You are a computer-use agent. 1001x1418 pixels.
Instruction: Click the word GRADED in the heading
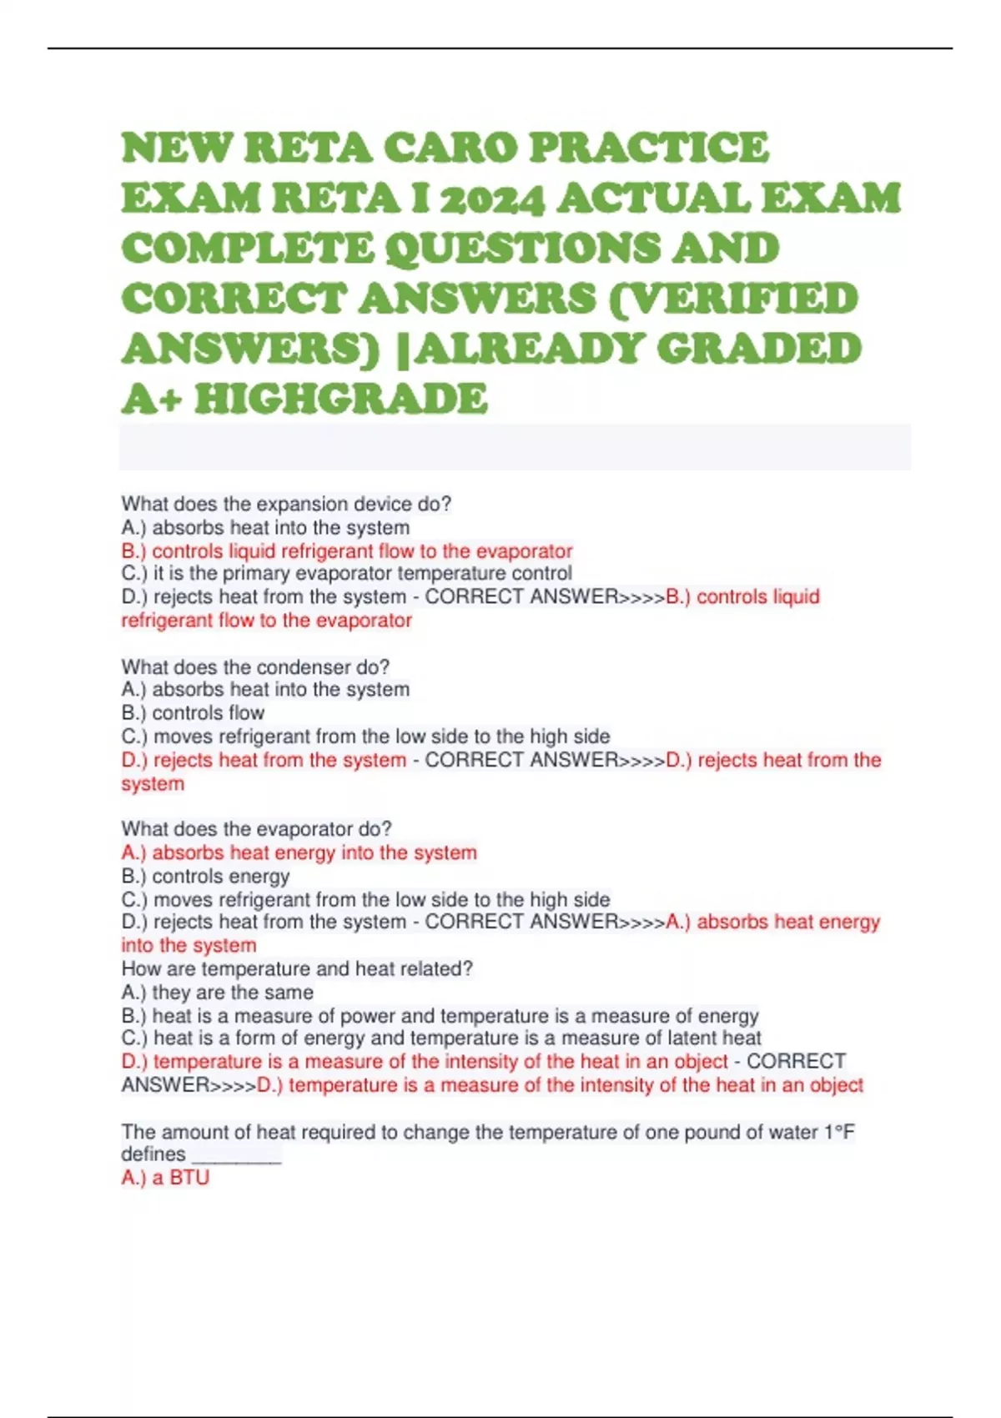click(x=758, y=349)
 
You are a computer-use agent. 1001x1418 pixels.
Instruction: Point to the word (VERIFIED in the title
click(x=734, y=299)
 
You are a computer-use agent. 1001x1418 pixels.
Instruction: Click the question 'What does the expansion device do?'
click(x=286, y=504)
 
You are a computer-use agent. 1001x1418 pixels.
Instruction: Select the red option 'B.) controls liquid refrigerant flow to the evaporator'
click(x=347, y=551)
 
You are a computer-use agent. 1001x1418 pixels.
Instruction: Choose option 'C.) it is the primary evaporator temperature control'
click(x=347, y=574)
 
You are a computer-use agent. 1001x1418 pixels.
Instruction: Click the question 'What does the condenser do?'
click(x=255, y=667)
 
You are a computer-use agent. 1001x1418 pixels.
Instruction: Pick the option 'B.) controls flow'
click(x=193, y=713)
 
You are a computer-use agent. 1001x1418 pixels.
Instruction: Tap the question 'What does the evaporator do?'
click(x=256, y=829)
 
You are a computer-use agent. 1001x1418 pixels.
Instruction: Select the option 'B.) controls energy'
click(x=205, y=877)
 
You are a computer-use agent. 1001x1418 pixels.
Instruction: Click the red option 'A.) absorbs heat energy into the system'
click(x=299, y=852)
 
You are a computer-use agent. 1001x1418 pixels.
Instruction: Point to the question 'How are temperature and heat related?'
click(x=297, y=969)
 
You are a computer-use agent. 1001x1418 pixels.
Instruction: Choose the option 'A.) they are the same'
click(x=217, y=993)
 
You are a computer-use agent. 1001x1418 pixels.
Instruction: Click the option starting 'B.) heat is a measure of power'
click(x=440, y=1016)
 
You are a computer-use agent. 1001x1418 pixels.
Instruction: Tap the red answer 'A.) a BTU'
click(x=165, y=1178)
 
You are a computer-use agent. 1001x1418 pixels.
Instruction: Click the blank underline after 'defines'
click(x=236, y=1156)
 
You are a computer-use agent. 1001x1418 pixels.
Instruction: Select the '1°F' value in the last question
click(x=839, y=1133)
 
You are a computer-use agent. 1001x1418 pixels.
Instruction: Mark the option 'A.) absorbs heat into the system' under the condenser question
click(x=265, y=690)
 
